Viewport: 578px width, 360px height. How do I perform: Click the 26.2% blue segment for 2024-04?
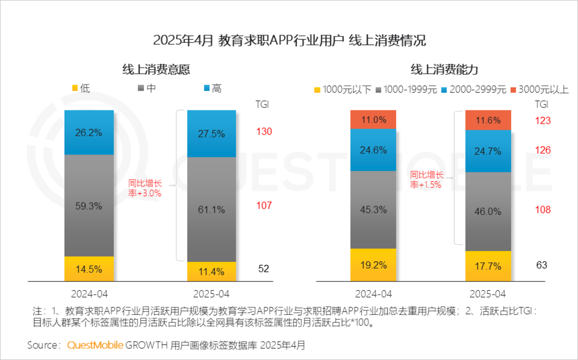(89, 133)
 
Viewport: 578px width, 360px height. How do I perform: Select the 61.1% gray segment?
(211, 209)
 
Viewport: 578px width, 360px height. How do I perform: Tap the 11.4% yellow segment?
(211, 272)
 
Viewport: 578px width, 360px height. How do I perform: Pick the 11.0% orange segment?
(373, 120)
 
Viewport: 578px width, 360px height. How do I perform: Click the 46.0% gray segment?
(488, 211)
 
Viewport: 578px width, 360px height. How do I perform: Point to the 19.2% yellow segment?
(373, 265)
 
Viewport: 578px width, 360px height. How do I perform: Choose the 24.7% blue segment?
(488, 151)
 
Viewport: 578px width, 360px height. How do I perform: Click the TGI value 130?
(264, 131)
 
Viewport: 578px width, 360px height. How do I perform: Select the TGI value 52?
(263, 268)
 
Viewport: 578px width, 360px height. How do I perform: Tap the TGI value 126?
(543, 150)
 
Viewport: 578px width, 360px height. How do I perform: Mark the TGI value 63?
(542, 265)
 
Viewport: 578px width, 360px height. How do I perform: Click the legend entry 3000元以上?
(540, 90)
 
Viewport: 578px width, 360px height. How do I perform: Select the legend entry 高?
(213, 88)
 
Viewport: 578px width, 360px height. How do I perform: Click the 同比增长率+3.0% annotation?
(144, 188)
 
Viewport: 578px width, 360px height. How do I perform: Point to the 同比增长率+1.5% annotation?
(426, 180)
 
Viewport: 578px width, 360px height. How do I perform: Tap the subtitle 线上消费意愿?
(156, 69)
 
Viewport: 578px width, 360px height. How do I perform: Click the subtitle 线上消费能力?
(444, 69)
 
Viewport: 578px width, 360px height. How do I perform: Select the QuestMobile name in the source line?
(95, 345)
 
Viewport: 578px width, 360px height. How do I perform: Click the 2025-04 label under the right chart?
(488, 294)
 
